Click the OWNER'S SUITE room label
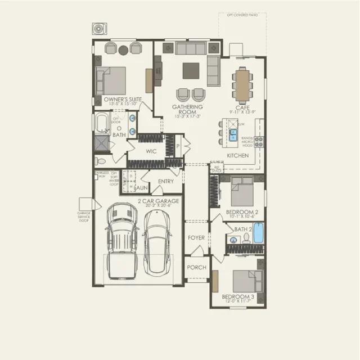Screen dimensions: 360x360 (x=123, y=100)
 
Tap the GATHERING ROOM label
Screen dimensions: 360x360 (x=187, y=109)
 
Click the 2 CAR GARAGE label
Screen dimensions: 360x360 (x=159, y=201)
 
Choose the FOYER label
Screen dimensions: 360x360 (x=196, y=238)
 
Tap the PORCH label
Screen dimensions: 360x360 (x=196, y=267)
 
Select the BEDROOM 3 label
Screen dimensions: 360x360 (x=237, y=296)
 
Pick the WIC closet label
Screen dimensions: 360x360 (x=151, y=151)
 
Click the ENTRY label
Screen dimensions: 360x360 (x=166, y=181)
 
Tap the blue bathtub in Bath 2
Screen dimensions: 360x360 (x=258, y=233)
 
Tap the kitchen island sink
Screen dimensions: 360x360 (x=233, y=134)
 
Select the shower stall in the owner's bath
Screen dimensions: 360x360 (x=102, y=143)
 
